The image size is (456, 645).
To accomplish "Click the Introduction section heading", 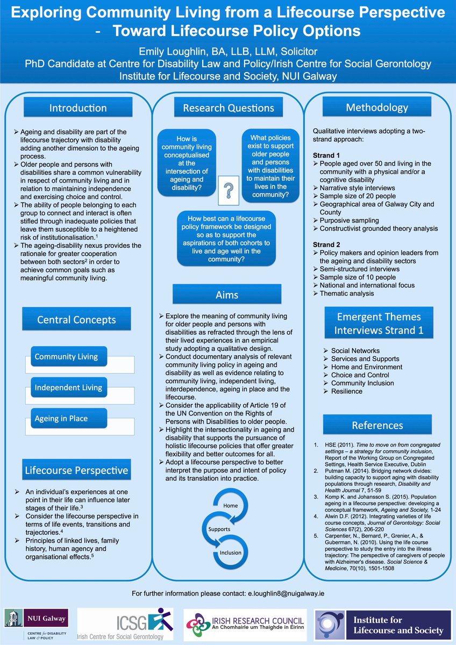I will point(78,108).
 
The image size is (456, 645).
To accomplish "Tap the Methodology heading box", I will point(376,107).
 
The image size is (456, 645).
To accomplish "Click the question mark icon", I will point(229,191).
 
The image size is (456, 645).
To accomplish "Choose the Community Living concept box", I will point(66,356).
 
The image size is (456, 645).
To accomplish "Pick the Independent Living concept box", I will point(68,388).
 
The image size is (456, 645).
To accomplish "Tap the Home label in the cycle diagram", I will point(231,506).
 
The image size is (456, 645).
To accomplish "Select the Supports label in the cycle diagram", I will point(219,529).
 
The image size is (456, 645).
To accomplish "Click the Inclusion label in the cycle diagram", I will point(230,553).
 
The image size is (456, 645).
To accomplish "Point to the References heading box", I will point(376,425).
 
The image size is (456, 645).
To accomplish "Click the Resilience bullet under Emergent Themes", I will point(346,392).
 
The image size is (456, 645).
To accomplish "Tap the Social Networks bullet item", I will point(355,350).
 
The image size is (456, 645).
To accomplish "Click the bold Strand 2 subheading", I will point(326,245).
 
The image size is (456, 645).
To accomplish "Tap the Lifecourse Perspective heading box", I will point(76,471).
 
